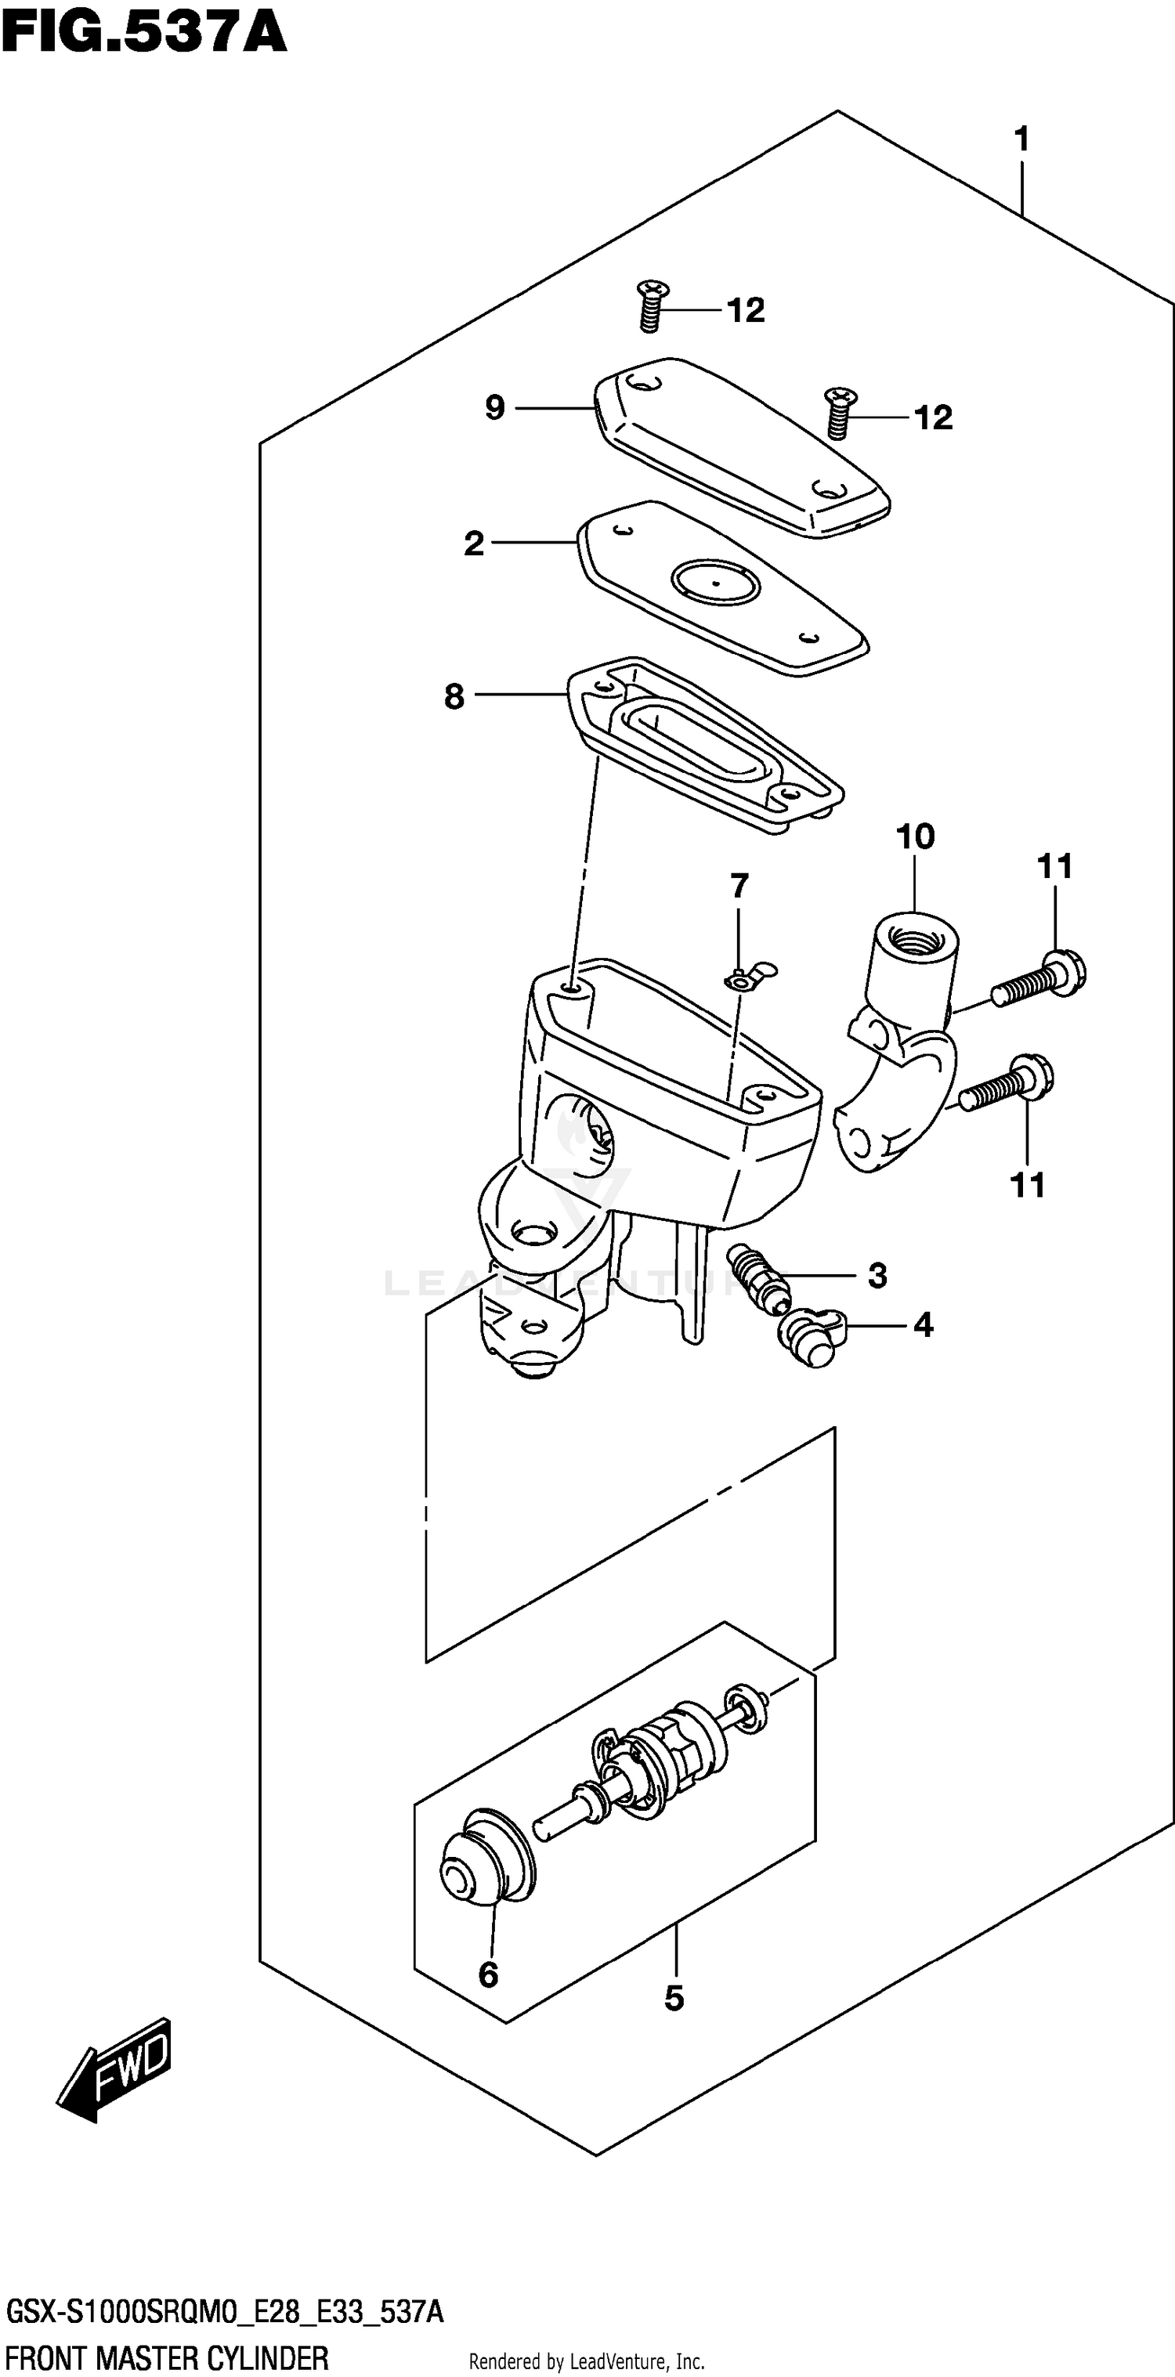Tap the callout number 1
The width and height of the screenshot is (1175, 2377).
click(x=1021, y=139)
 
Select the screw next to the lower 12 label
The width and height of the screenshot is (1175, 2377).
click(x=839, y=414)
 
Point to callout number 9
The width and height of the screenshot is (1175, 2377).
click(x=495, y=407)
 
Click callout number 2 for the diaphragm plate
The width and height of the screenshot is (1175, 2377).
click(x=473, y=544)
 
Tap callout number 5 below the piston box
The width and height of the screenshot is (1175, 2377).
click(x=674, y=1999)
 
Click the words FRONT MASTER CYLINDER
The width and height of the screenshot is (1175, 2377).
click(x=166, y=2357)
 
